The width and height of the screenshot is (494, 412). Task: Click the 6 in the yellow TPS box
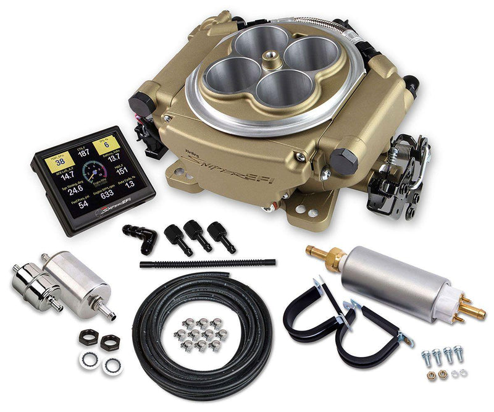point(106,145)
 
